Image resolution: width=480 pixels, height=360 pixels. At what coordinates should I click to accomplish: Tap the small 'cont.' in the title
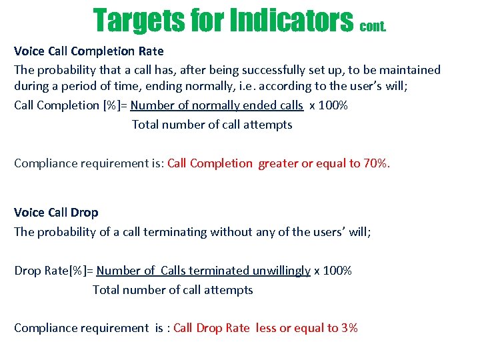click(373, 27)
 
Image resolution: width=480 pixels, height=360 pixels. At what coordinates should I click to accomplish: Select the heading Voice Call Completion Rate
click(89, 51)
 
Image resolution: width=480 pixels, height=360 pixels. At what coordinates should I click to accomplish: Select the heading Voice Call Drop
click(56, 213)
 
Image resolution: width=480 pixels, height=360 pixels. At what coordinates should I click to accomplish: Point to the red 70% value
click(376, 163)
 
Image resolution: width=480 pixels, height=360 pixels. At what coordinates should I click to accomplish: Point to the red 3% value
click(349, 328)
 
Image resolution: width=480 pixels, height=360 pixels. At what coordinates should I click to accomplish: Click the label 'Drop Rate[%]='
click(53, 271)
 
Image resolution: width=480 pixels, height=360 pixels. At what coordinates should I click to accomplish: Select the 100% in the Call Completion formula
click(334, 105)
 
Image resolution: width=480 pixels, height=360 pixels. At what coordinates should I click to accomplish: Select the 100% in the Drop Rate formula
click(337, 271)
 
